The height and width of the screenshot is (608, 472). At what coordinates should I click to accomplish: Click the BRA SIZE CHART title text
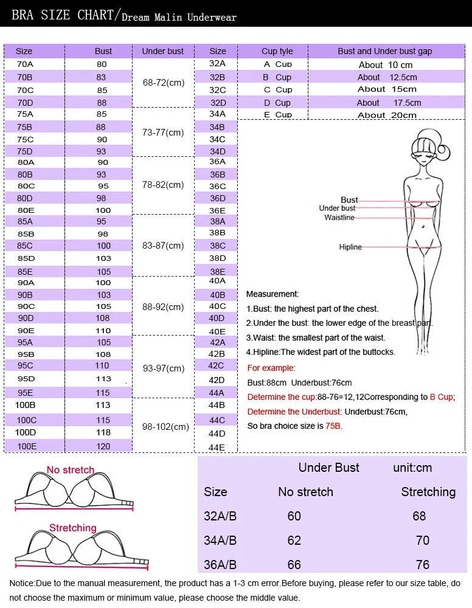click(x=63, y=15)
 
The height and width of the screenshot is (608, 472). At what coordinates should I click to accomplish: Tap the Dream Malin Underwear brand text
click(x=179, y=17)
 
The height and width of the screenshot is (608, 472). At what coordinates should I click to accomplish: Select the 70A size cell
click(x=25, y=64)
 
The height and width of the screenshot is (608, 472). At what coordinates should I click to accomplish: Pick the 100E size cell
click(x=27, y=446)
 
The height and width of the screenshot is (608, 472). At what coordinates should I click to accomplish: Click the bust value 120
click(x=103, y=446)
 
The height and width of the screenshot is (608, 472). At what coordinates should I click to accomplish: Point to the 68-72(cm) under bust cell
click(x=163, y=83)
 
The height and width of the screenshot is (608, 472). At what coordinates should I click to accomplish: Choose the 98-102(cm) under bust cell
click(x=165, y=427)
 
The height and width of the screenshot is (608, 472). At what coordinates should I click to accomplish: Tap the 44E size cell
click(x=217, y=447)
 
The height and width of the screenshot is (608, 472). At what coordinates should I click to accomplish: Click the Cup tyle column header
click(x=277, y=51)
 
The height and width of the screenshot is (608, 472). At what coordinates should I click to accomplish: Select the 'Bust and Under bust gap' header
click(x=384, y=51)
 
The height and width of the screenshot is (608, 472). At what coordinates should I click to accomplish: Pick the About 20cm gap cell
click(x=387, y=115)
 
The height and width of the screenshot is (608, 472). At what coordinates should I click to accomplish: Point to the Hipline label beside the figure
click(x=350, y=247)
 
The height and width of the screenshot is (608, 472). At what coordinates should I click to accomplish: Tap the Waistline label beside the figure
click(x=339, y=218)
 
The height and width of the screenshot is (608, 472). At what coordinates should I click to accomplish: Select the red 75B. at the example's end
click(x=334, y=426)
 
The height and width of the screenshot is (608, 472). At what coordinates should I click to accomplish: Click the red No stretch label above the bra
click(x=71, y=470)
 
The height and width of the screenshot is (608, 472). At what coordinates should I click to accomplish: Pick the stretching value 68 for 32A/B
click(x=419, y=516)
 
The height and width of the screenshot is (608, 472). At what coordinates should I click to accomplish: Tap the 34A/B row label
click(x=220, y=541)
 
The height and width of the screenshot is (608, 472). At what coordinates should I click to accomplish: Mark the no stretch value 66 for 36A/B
click(x=294, y=565)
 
